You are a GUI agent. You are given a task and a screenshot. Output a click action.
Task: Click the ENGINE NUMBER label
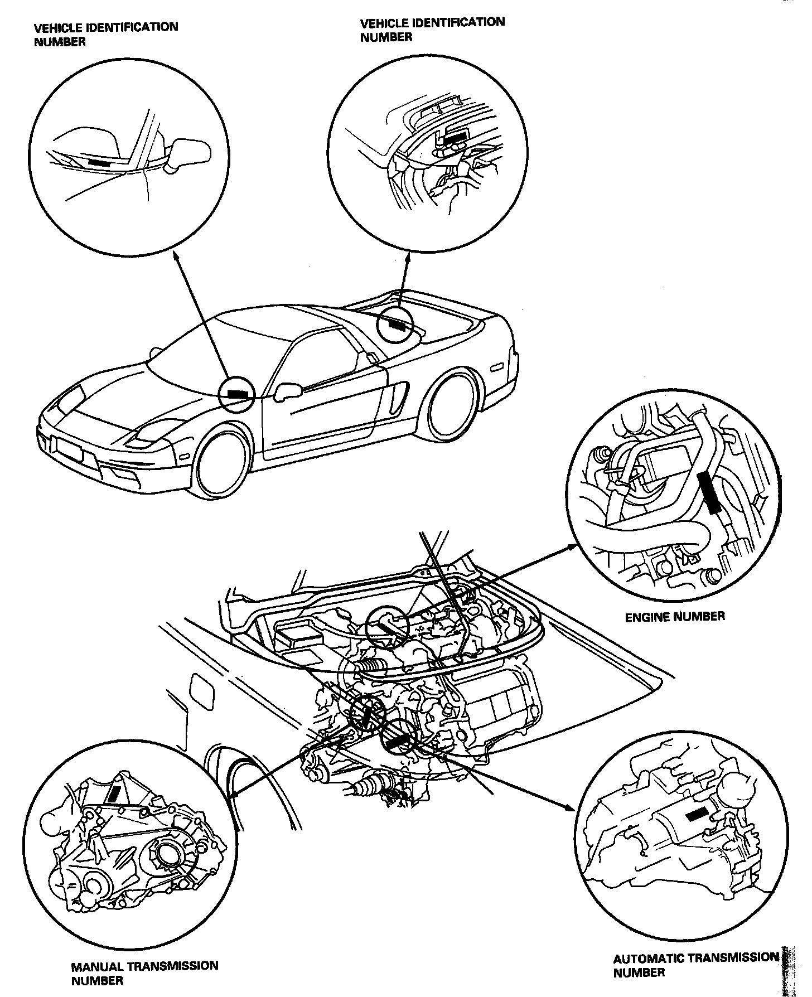[674, 616]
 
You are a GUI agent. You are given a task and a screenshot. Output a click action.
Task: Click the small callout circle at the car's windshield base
[236, 394]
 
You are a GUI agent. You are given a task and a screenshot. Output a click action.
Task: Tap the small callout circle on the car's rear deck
[395, 324]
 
